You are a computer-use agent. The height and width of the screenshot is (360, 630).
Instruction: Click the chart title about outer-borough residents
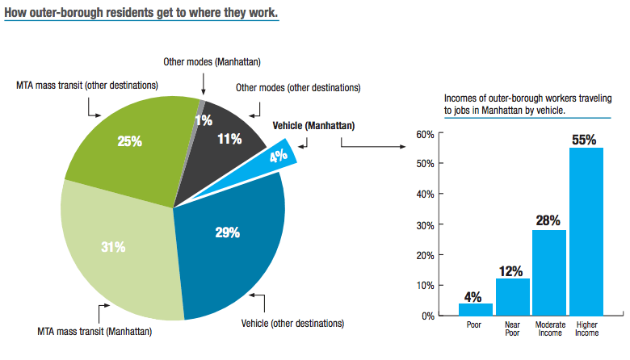pyautogui.click(x=142, y=14)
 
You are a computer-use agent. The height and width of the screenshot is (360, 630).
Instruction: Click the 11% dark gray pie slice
pyautogui.click(x=230, y=137)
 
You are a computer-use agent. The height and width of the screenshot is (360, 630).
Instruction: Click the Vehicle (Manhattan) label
pyautogui.click(x=313, y=125)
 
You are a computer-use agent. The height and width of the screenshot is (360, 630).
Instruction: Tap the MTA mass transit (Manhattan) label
pyautogui.click(x=94, y=331)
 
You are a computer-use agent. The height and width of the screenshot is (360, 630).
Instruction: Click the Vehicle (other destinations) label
pyautogui.click(x=292, y=323)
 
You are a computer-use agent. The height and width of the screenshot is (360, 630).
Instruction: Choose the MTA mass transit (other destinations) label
pyautogui.click(x=87, y=85)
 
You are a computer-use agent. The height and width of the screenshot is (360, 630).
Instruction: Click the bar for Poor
pyautogui.click(x=475, y=309)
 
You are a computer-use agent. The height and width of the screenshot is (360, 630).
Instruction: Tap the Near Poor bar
pyautogui.click(x=512, y=297)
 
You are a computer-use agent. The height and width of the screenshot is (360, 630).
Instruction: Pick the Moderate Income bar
pyautogui.click(x=549, y=273)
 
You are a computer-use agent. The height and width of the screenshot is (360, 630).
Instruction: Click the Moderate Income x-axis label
pyautogui.click(x=549, y=331)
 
